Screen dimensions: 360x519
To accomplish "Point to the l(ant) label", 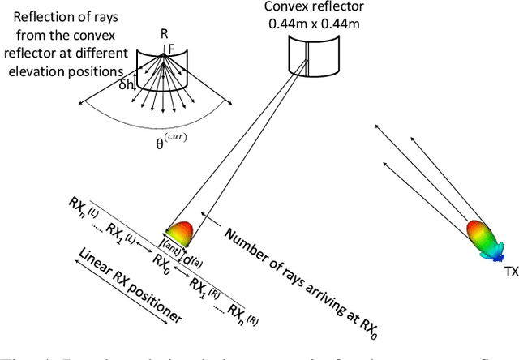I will (x=173, y=249).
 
